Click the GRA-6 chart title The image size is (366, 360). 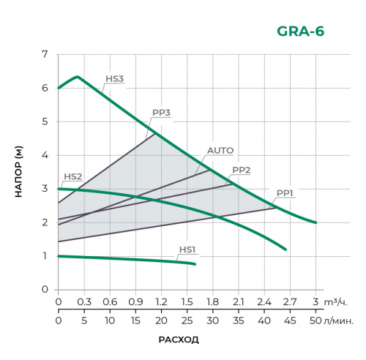click(x=300, y=31)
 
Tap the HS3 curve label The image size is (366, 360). click(x=115, y=79)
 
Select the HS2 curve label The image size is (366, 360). click(x=72, y=176)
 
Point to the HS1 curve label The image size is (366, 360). click(x=188, y=250)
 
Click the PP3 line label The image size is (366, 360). click(x=161, y=113)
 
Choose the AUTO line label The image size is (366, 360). click(x=220, y=151)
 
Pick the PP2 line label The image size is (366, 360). click(x=242, y=170)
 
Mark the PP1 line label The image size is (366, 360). click(x=285, y=192)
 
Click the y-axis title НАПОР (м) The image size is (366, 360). click(x=20, y=172)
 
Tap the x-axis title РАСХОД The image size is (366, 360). click(x=179, y=340)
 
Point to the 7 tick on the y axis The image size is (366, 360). click(x=45, y=55)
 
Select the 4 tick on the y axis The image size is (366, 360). click(x=45, y=155)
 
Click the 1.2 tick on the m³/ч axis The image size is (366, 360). click(x=161, y=301)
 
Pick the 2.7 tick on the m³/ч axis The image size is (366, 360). click(x=289, y=301)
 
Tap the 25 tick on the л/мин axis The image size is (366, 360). click(x=187, y=320)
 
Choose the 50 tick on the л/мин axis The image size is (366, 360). click(x=315, y=320)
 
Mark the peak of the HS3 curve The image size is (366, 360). click(x=77, y=76)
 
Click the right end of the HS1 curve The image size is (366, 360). click(x=195, y=263)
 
